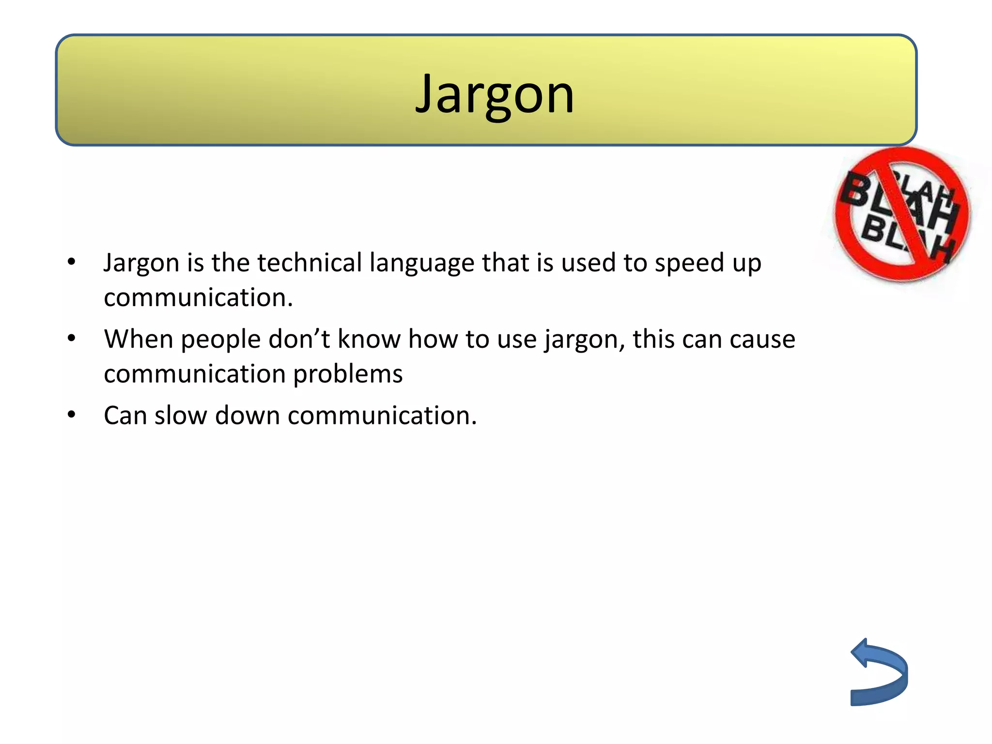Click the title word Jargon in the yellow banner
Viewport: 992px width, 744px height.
pyautogui.click(x=495, y=94)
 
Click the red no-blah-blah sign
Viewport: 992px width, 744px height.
pyautogui.click(x=902, y=214)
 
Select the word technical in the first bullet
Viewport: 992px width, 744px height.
pyautogui.click(x=310, y=263)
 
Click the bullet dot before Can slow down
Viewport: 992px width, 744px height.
pyautogui.click(x=72, y=415)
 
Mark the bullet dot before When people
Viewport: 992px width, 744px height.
pyautogui.click(x=72, y=338)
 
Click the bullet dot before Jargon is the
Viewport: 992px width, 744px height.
pyautogui.click(x=72, y=262)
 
